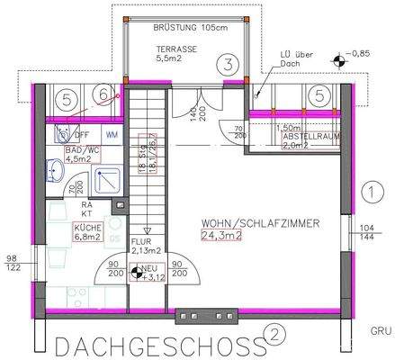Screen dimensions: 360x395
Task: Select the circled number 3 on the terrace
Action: click(x=229, y=64)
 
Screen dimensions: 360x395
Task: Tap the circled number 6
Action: click(x=104, y=94)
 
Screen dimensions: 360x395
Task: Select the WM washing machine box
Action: click(x=112, y=132)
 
